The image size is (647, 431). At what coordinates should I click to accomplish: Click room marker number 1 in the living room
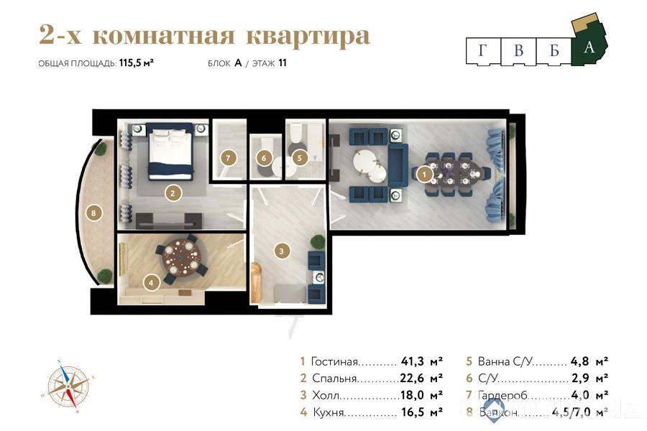click(x=424, y=173)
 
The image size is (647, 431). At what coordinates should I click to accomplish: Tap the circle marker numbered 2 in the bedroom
click(x=173, y=193)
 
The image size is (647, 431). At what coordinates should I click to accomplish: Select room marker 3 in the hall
click(x=283, y=251)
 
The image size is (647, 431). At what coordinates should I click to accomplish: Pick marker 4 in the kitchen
click(x=151, y=282)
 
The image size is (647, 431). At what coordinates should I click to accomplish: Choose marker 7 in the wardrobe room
click(x=228, y=157)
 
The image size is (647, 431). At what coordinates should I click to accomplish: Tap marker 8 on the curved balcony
click(x=93, y=212)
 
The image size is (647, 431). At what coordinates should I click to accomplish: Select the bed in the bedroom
click(x=171, y=152)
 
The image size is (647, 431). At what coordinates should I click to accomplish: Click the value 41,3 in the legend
click(x=413, y=361)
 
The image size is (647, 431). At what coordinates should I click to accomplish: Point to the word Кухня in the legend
click(x=328, y=413)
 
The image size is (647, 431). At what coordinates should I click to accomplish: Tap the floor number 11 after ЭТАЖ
click(x=283, y=63)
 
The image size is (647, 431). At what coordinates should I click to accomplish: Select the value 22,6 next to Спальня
click(x=413, y=379)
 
